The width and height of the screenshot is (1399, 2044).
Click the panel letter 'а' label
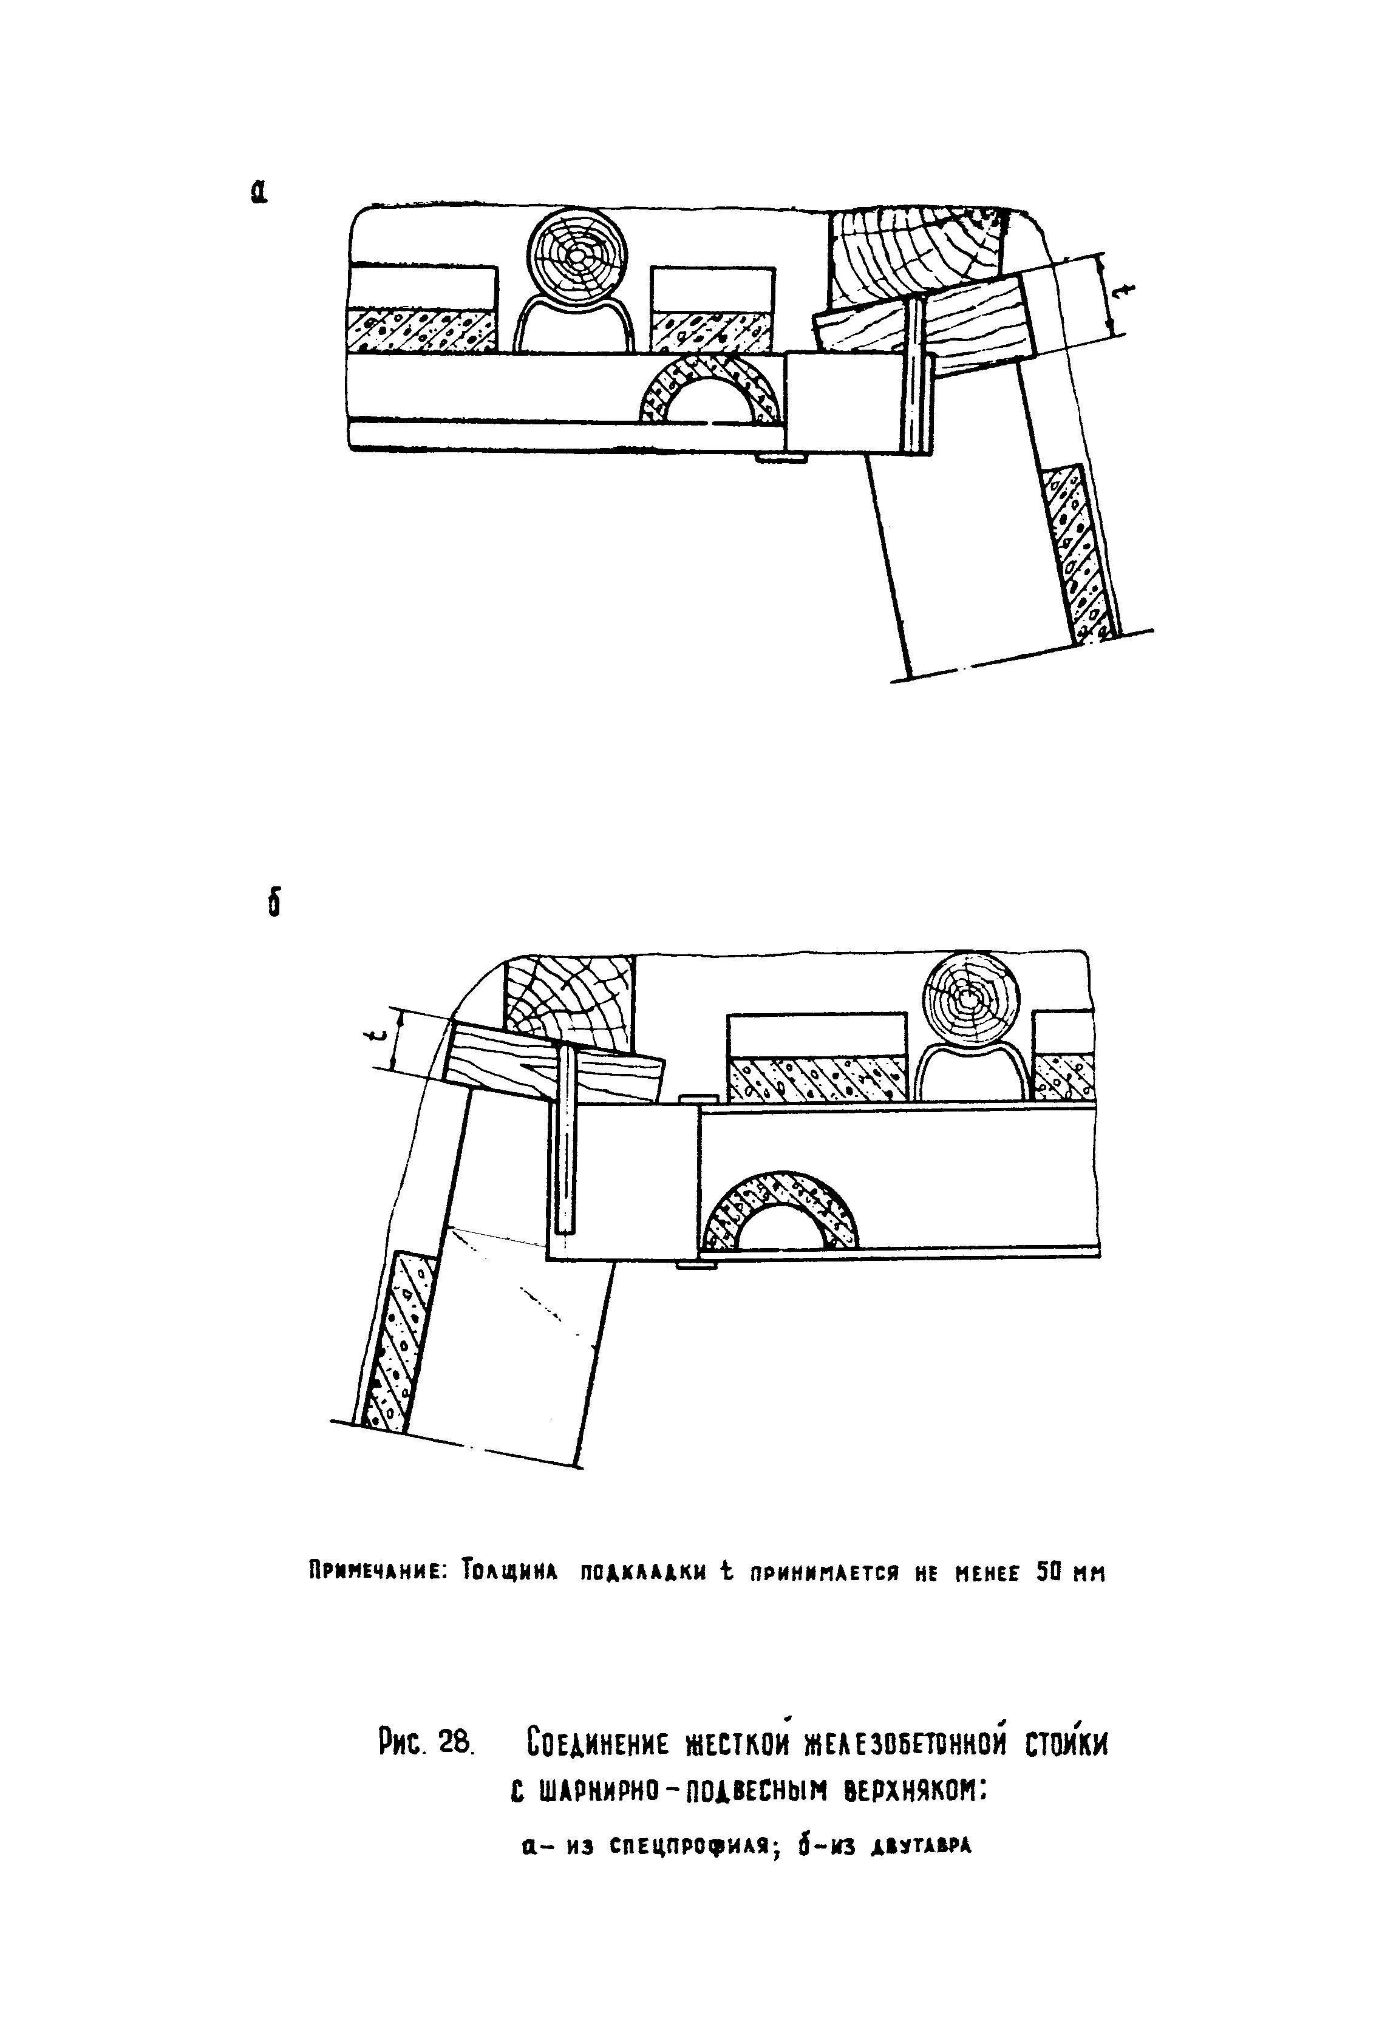point(258,192)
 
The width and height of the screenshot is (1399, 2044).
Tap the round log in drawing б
point(970,1001)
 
